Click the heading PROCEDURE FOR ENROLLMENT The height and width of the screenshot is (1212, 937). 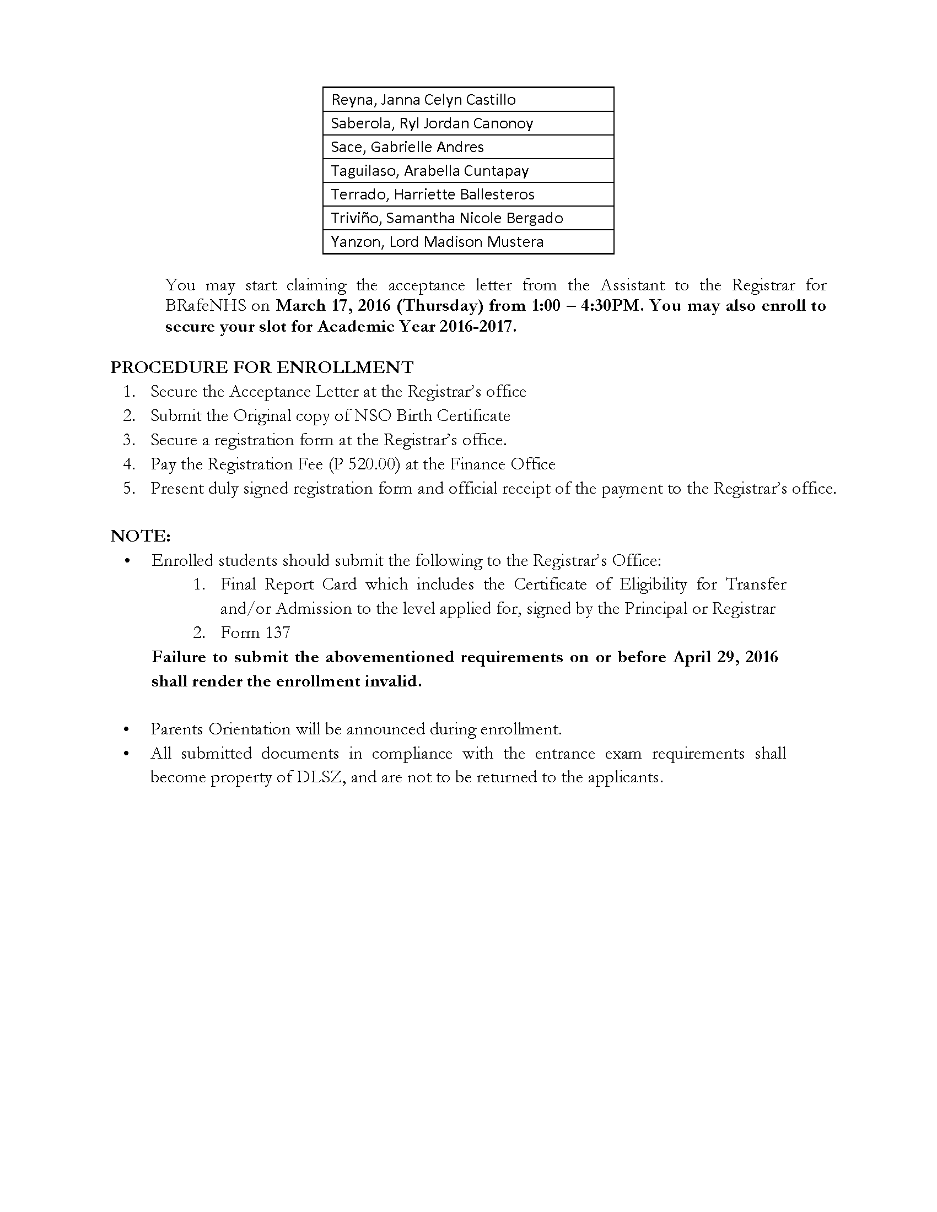pyautogui.click(x=262, y=367)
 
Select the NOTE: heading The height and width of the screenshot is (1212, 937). pyautogui.click(x=141, y=536)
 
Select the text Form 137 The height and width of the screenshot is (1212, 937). pyautogui.click(x=255, y=632)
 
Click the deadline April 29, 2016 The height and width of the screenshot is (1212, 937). pyautogui.click(x=725, y=657)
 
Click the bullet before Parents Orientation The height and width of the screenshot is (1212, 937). pyautogui.click(x=127, y=729)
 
